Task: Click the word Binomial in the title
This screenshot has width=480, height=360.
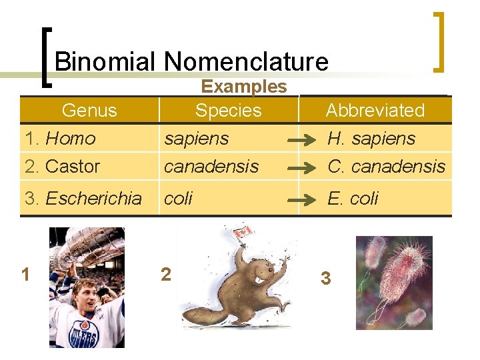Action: tap(105, 62)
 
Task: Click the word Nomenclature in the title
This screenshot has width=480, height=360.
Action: tap(246, 62)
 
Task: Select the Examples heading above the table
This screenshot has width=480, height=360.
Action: tap(244, 87)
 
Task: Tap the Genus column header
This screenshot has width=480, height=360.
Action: tap(89, 111)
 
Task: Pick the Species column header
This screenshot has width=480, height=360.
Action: tap(228, 111)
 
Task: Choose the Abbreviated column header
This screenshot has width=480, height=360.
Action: tap(375, 111)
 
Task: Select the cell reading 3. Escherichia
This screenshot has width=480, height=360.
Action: tap(83, 198)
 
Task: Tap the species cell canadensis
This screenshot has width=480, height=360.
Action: tap(211, 166)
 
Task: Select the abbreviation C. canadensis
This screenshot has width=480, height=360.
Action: tap(386, 166)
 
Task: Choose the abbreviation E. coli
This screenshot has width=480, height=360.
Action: tap(353, 198)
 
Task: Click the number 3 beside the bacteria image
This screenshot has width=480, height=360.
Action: tap(325, 278)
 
